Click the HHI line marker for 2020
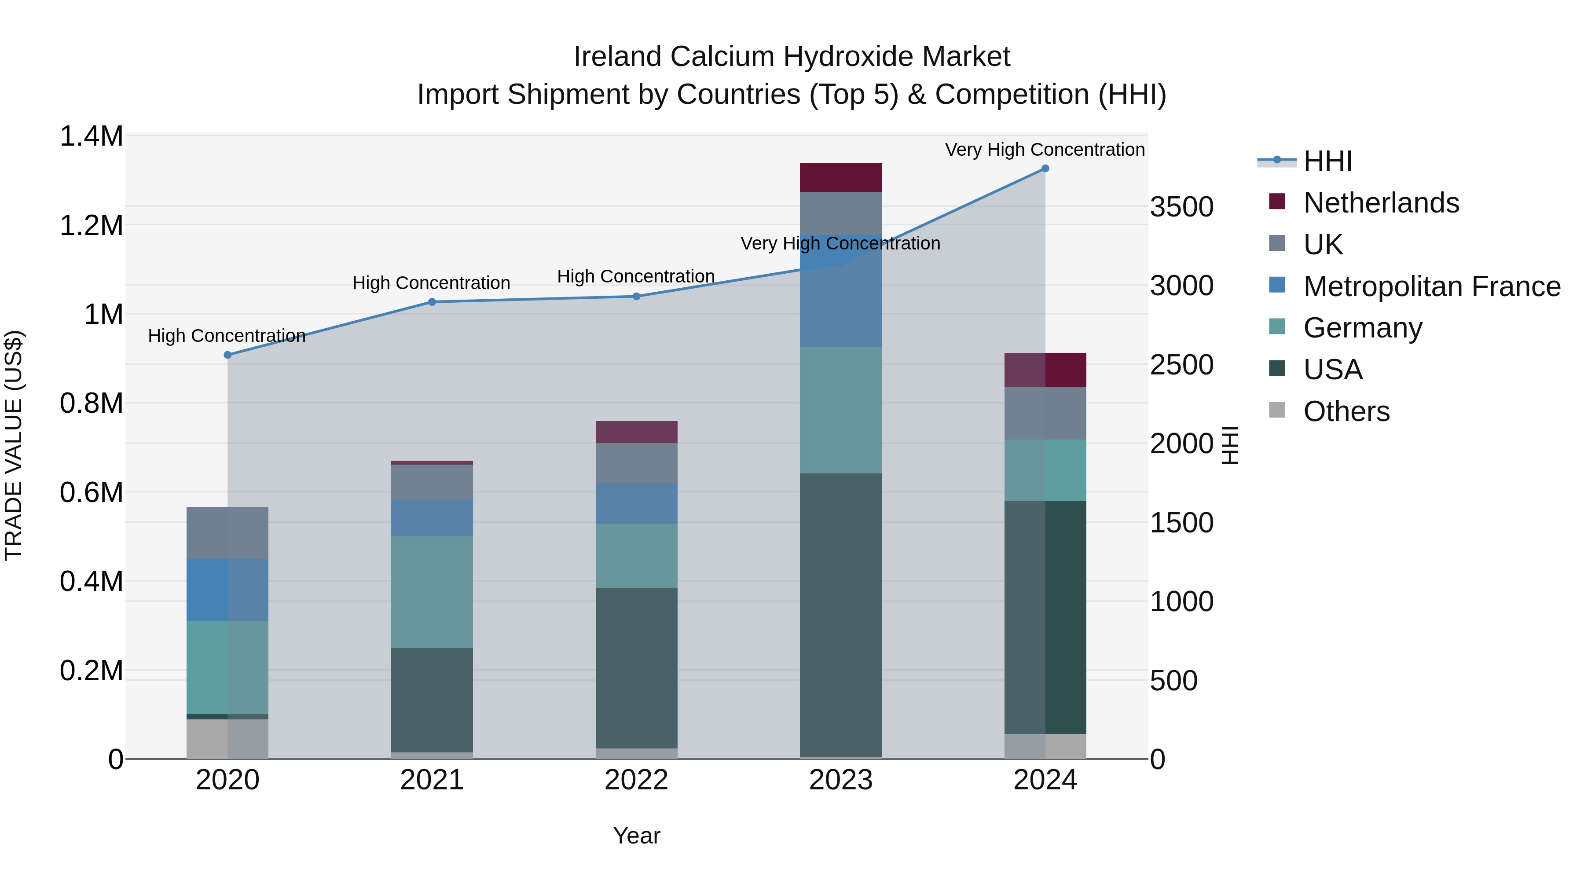click(x=227, y=355)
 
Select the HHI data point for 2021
click(x=432, y=302)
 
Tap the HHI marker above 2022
click(x=636, y=297)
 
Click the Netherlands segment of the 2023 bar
click(x=840, y=178)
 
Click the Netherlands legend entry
click(x=1380, y=203)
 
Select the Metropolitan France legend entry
click(x=1431, y=286)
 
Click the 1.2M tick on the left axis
click(x=92, y=226)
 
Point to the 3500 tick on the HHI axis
click(x=1181, y=207)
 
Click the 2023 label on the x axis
click(x=840, y=780)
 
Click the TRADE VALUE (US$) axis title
click(x=14, y=445)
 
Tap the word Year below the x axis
click(x=636, y=836)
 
